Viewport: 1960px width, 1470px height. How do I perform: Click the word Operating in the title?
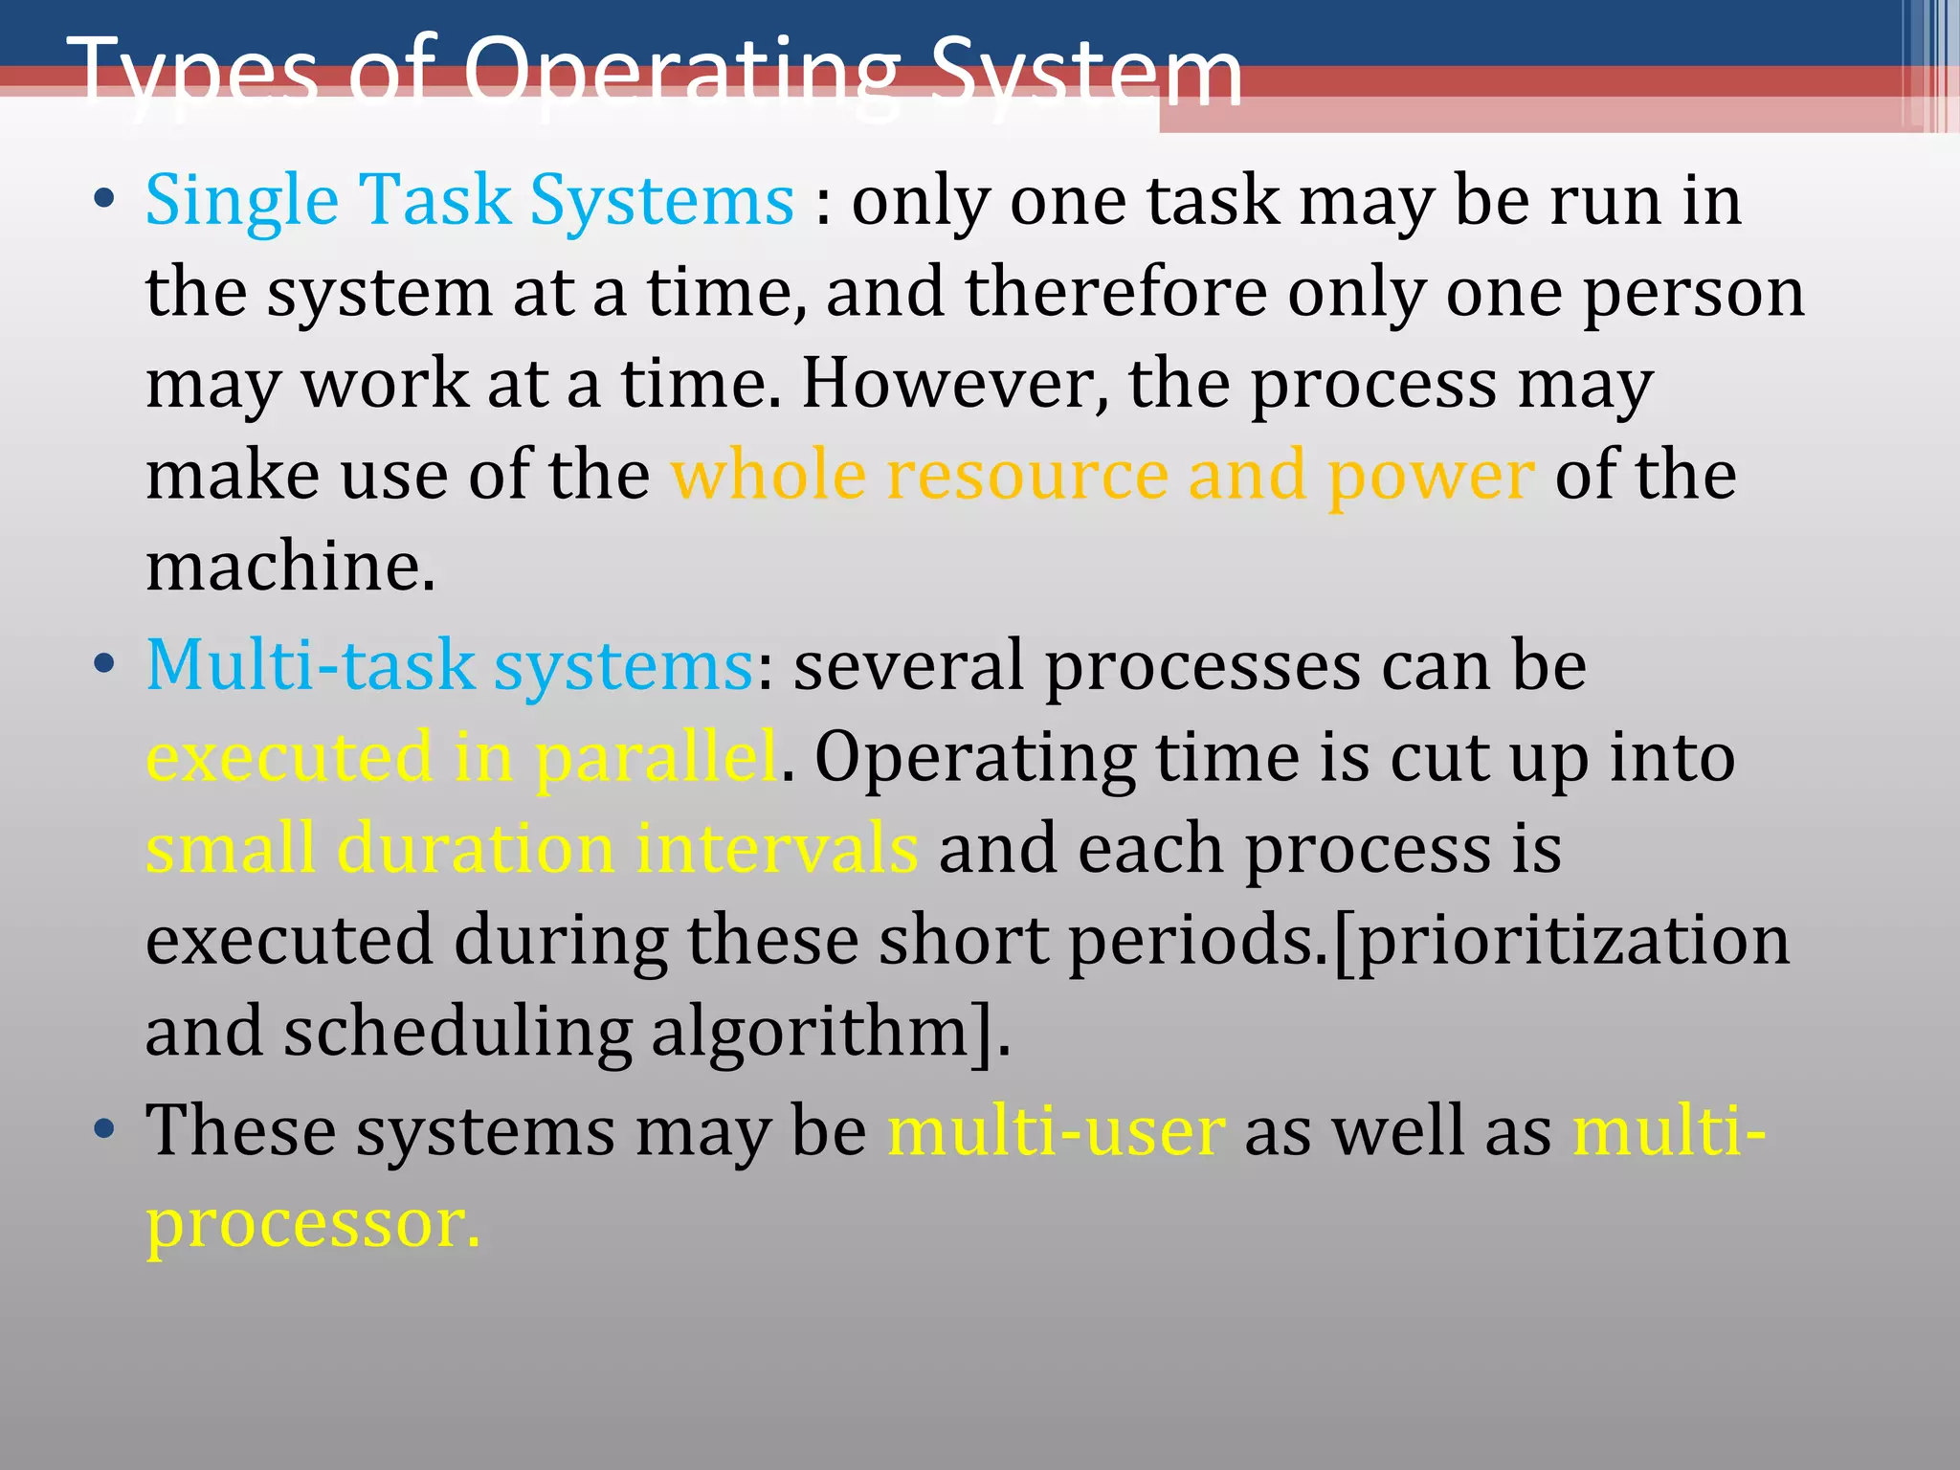[680, 75]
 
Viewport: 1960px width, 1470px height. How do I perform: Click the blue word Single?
[242, 201]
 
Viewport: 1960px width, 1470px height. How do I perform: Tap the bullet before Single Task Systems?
[104, 200]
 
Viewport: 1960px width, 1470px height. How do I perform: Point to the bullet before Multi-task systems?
[104, 664]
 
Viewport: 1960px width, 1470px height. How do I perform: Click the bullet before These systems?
[104, 1129]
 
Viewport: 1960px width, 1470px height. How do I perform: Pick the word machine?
[290, 567]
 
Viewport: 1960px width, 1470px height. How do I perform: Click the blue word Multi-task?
[310, 665]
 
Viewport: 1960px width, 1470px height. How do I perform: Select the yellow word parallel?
[657, 757]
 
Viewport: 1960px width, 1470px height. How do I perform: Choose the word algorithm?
[810, 1033]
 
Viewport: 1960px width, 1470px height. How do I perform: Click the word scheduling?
[457, 1033]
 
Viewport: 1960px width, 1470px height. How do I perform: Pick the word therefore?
[1116, 293]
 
